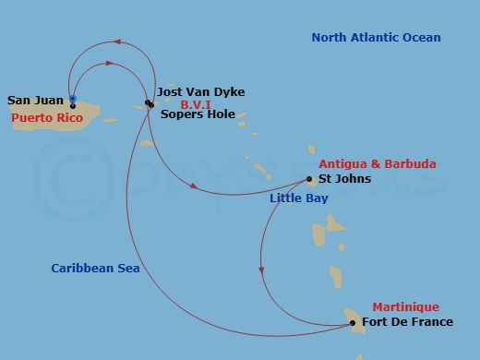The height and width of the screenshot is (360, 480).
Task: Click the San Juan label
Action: pyautogui.click(x=35, y=100)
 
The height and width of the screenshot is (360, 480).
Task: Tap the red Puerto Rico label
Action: pyautogui.click(x=47, y=118)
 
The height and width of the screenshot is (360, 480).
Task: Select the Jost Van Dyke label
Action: pyautogui.click(x=200, y=92)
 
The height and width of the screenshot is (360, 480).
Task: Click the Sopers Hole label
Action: pyautogui.click(x=196, y=115)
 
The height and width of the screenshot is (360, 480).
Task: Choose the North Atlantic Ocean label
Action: pyautogui.click(x=376, y=38)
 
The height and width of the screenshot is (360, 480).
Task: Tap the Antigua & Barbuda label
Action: pyautogui.click(x=384, y=164)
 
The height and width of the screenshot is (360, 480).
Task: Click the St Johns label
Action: pyautogui.click(x=344, y=178)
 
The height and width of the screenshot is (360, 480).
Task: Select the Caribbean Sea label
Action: pyautogui.click(x=95, y=269)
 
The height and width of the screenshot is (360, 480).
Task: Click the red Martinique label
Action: pyautogui.click(x=405, y=307)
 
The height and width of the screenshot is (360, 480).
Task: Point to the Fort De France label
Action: pyautogui.click(x=408, y=322)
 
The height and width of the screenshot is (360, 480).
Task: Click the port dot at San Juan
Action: pyautogui.click(x=73, y=105)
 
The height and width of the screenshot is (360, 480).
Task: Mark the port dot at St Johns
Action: pyautogui.click(x=310, y=179)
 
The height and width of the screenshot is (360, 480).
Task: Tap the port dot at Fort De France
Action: pyautogui.click(x=353, y=323)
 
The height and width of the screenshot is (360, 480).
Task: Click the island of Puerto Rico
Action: pyautogui.click(x=88, y=114)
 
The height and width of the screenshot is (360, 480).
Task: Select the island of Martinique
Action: pyautogui.click(x=354, y=318)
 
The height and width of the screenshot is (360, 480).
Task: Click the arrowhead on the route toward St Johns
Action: pyautogui.click(x=194, y=186)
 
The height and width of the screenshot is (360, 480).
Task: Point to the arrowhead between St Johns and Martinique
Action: pyautogui.click(x=261, y=270)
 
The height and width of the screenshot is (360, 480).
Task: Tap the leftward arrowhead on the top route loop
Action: pyautogui.click(x=115, y=42)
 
